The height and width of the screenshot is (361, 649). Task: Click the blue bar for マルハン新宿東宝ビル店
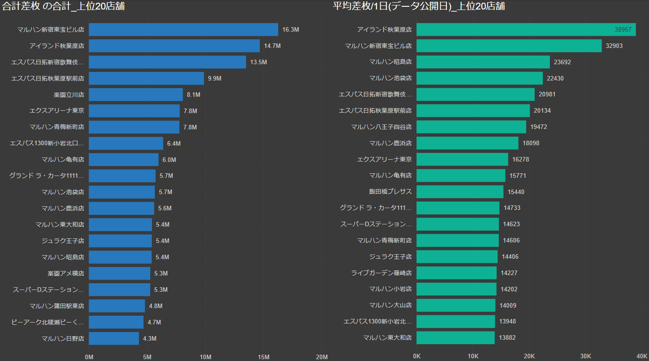[183, 29]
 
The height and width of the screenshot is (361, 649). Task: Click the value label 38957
[623, 29]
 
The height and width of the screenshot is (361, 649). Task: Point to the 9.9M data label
[214, 78]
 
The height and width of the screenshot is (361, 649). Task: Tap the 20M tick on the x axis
[322, 357]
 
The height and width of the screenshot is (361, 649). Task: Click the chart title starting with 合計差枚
[64, 6]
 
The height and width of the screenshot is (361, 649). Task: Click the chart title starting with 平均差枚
[419, 6]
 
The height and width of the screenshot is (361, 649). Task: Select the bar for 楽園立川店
[136, 95]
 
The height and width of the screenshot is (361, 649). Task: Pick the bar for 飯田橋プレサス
[460, 192]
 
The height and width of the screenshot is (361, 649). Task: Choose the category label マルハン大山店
[390, 305]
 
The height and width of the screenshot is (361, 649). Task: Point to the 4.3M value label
[150, 338]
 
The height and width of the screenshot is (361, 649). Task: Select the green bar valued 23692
[483, 62]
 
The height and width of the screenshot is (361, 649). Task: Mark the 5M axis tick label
[147, 357]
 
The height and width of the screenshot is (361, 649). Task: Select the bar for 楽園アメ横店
[119, 273]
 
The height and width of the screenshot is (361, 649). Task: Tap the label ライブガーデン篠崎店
[381, 273]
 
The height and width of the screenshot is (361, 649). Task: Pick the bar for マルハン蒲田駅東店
[117, 306]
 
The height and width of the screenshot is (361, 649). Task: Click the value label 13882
[507, 337]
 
